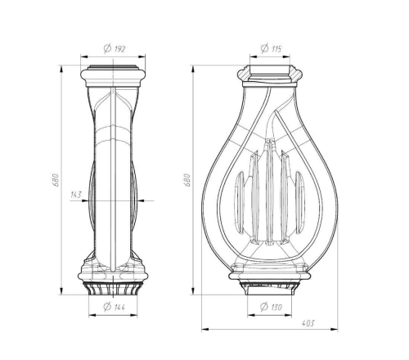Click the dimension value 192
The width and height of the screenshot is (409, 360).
coord(119,49)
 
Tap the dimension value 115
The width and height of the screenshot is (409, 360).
coord(276,49)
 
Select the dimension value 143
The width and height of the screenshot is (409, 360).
coord(76,195)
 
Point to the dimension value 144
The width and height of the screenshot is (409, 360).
coord(119,308)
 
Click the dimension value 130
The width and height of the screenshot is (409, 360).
coord(276,308)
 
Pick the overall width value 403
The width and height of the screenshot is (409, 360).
coord(308,323)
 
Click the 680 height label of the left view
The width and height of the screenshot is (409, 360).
coord(56,180)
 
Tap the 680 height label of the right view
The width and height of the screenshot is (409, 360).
coord(188,180)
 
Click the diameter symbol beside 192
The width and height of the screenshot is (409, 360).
coord(108,48)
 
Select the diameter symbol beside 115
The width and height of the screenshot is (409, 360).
coord(264,48)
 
